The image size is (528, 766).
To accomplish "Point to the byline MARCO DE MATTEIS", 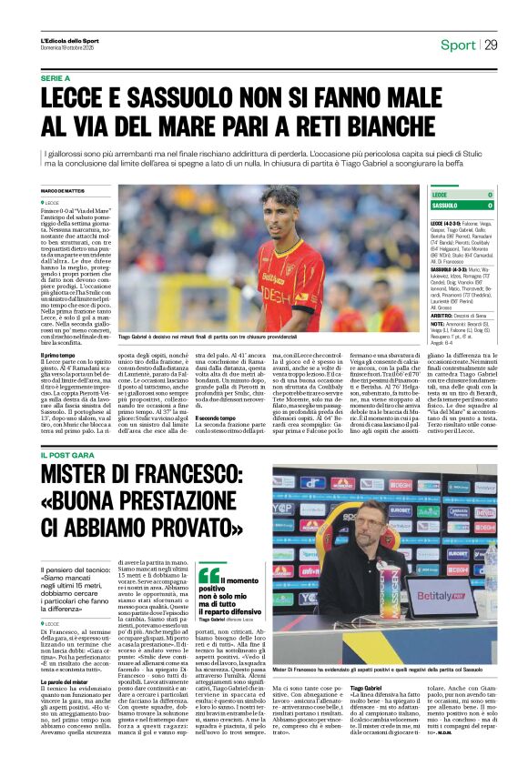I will tap(64, 189).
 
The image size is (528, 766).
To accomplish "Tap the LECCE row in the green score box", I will tap(462, 195).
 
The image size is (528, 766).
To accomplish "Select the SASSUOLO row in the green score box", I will tap(462, 206).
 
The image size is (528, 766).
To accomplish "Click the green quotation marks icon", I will tap(209, 574).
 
